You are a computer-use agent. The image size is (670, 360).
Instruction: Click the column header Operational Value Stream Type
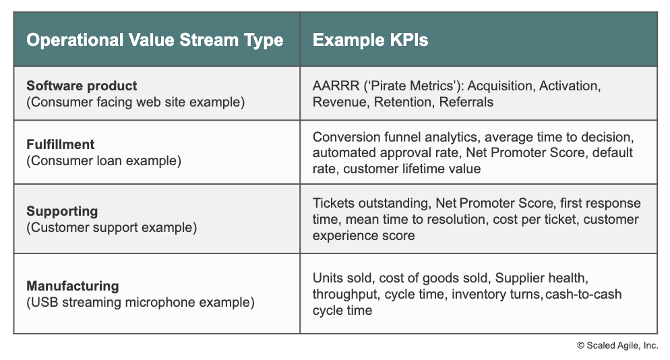[x=154, y=40]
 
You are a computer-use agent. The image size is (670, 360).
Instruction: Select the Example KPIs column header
[x=370, y=40]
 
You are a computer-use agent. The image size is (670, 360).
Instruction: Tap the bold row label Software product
[x=82, y=86]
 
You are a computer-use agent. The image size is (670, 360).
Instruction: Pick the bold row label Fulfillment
[x=60, y=144]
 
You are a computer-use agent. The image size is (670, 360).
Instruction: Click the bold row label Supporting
[x=62, y=211]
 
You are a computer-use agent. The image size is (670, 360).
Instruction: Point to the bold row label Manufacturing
[x=73, y=286]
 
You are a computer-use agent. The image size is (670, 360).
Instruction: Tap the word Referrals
[x=466, y=102]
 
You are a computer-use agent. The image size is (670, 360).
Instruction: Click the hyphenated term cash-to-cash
[x=583, y=295]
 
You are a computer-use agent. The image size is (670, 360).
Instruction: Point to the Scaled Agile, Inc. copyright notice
[x=617, y=345]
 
